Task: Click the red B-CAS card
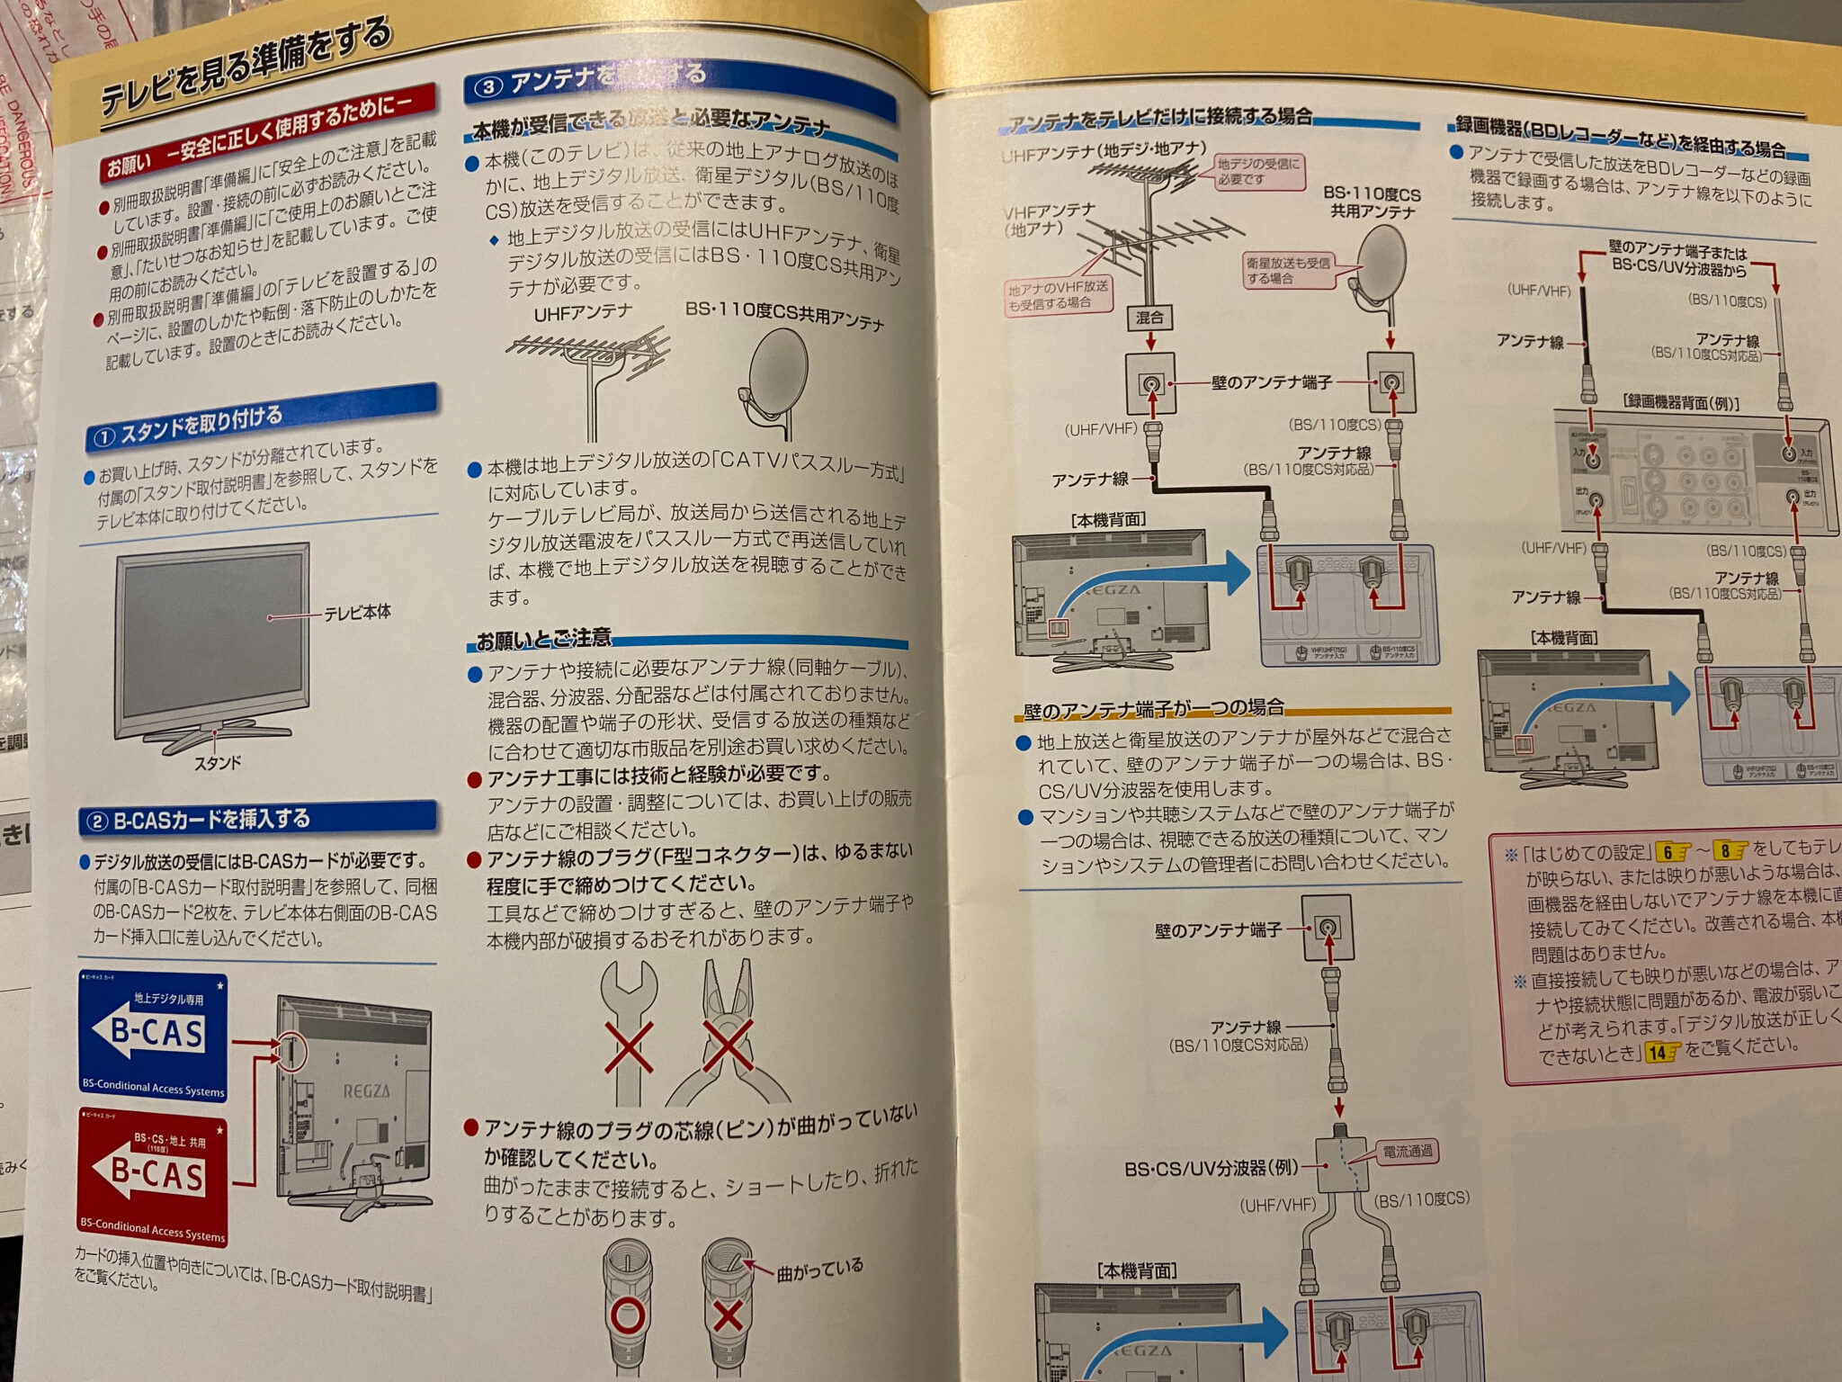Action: [154, 1180]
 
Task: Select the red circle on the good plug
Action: [628, 1315]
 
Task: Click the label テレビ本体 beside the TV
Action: [357, 613]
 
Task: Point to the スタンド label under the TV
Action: [218, 763]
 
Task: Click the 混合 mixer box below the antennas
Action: [1149, 317]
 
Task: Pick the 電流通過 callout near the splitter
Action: [1408, 1152]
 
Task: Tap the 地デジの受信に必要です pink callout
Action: [1258, 171]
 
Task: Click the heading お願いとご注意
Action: [543, 640]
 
